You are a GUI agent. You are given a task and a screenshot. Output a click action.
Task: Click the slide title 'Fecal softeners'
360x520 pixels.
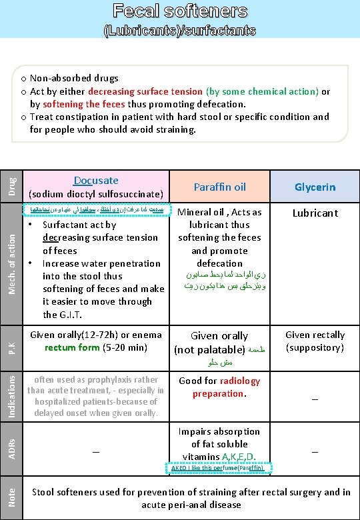pos(180,11)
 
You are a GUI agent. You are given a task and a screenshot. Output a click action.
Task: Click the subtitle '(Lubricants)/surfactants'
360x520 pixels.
pos(180,31)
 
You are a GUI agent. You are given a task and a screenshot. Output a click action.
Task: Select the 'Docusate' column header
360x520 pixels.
pos(96,181)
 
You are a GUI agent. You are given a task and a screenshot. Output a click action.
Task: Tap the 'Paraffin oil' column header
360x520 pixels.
pos(220,187)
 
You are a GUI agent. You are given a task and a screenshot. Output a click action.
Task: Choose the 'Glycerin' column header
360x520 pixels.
pos(315,187)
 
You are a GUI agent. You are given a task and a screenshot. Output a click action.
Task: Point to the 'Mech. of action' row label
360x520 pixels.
pos(11,261)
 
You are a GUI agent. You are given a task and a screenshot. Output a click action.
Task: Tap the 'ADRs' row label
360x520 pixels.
pos(11,445)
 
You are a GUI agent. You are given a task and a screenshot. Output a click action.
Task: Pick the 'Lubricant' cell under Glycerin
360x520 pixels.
pos(315,213)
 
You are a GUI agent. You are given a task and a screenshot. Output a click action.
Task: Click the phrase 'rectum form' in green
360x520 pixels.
pos(72,347)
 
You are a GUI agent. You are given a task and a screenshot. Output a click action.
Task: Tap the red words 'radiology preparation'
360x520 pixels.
pos(220,387)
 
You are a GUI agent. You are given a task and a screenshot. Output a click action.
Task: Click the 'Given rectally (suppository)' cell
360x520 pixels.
pos(315,341)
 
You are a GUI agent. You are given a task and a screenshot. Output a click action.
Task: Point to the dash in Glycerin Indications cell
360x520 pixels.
pos(315,397)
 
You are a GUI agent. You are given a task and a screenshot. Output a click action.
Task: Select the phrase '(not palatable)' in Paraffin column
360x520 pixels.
pos(209,349)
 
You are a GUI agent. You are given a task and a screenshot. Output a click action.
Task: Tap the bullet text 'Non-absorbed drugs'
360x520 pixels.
pos(74,79)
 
